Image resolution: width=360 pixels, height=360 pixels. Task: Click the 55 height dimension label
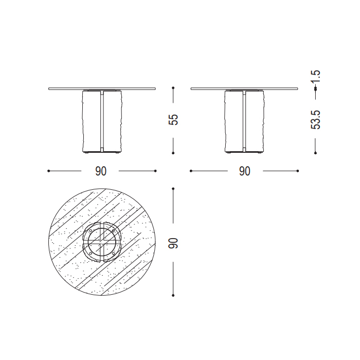coord(173,119)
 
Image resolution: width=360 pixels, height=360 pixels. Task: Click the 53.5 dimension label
coord(315,120)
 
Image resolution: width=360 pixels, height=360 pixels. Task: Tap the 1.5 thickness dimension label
coord(315,77)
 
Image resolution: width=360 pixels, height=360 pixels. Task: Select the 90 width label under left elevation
coord(101,171)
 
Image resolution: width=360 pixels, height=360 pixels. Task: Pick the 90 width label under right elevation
coord(244,171)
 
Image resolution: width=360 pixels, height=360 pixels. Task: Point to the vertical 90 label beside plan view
coord(173,243)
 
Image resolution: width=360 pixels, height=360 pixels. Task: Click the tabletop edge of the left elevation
coord(102,88)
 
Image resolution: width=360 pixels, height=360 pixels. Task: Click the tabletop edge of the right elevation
coord(244,88)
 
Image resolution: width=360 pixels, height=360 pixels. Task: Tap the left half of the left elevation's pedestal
coord(91,121)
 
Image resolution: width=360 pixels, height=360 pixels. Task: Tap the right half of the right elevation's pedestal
coord(255,121)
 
